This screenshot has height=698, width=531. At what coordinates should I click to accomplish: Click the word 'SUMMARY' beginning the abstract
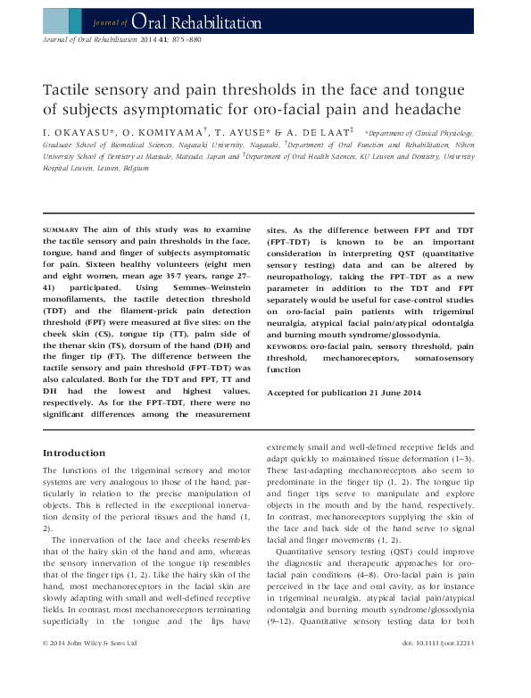click(x=61, y=230)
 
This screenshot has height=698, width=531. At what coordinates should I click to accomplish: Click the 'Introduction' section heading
click(x=75, y=453)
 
